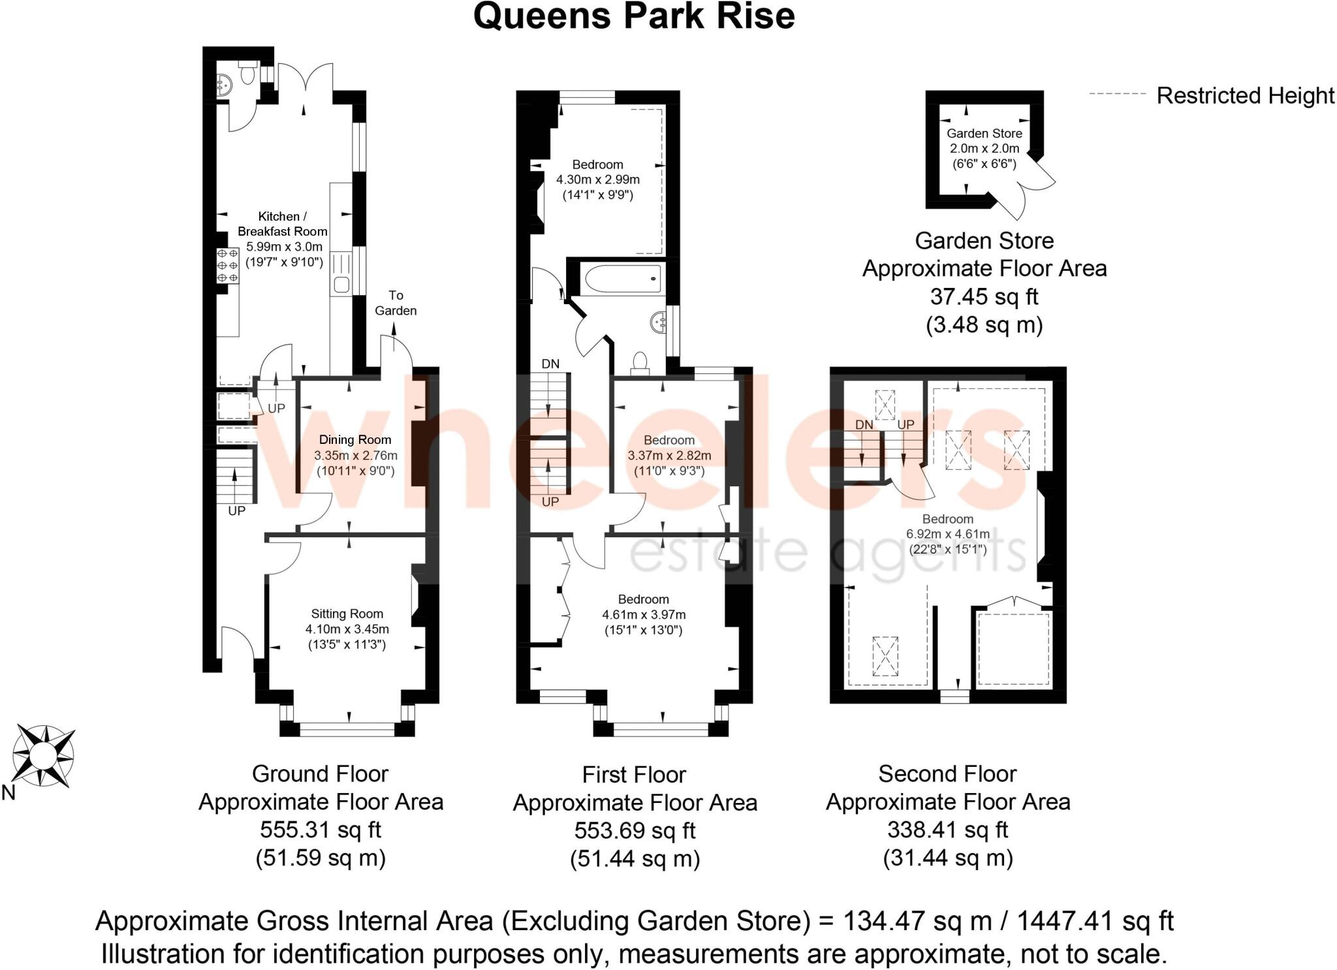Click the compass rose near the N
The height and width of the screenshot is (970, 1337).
click(43, 755)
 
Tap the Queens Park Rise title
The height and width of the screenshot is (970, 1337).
click(634, 16)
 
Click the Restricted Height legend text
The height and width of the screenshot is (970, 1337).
click(1245, 96)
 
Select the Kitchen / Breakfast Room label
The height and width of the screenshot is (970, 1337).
click(282, 224)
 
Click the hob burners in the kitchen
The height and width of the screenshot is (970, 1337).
click(228, 266)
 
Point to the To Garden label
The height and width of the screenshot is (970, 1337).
click(396, 303)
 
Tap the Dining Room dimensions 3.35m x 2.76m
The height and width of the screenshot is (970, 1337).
click(355, 456)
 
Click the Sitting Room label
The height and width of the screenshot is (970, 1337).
click(347, 614)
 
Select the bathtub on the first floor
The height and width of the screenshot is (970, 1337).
click(623, 279)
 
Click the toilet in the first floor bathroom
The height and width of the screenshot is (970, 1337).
click(640, 363)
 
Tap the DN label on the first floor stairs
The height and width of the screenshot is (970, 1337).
click(550, 364)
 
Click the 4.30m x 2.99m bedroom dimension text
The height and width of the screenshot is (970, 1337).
click(597, 180)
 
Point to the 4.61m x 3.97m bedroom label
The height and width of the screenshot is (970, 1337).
click(643, 614)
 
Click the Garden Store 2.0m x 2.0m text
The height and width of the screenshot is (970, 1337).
click(984, 148)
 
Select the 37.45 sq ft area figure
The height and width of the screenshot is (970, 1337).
click(984, 297)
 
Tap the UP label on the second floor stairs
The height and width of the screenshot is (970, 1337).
click(905, 425)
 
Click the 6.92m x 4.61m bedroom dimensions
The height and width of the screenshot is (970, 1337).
click(947, 534)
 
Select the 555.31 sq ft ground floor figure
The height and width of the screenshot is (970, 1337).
click(321, 830)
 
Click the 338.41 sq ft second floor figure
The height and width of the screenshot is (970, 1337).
click(947, 830)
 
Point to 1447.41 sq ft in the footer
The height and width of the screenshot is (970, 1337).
click(1095, 921)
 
